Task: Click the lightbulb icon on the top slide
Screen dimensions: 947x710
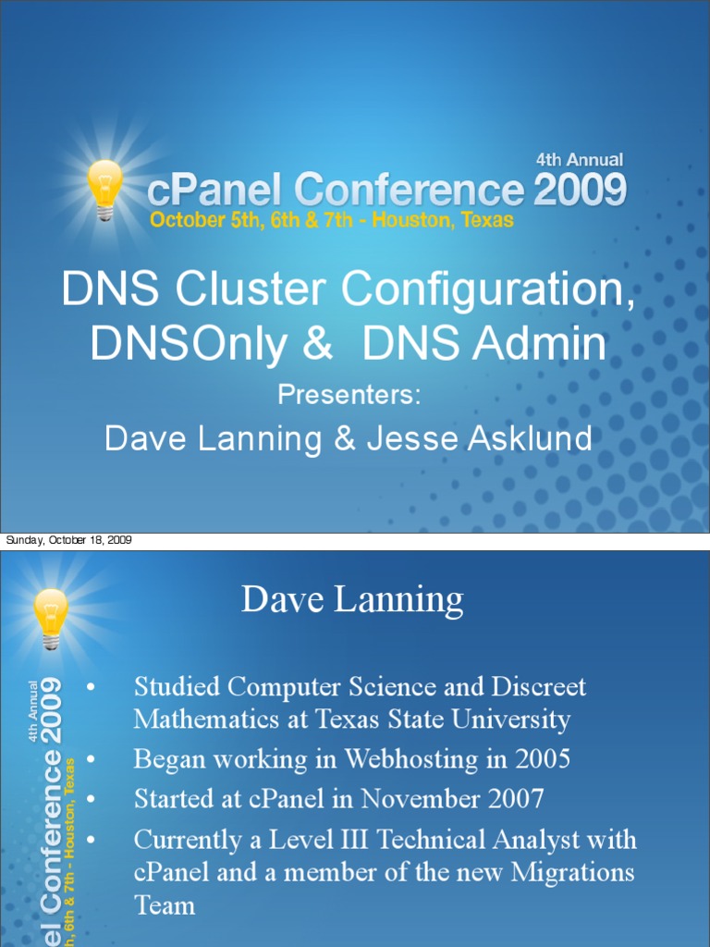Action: point(104,188)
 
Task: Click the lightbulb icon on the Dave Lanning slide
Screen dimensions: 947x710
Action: point(51,617)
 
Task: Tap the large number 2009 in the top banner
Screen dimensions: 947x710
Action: point(580,191)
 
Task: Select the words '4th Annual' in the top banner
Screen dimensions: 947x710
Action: point(580,160)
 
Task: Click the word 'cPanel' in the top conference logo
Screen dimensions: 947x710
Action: point(216,191)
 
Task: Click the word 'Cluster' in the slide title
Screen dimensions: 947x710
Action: point(254,290)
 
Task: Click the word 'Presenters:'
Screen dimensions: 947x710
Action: point(349,395)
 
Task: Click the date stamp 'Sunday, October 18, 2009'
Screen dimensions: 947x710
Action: point(68,540)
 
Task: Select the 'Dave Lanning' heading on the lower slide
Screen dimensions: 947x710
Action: point(352,601)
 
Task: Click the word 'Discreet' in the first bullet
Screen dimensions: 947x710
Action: point(539,687)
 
